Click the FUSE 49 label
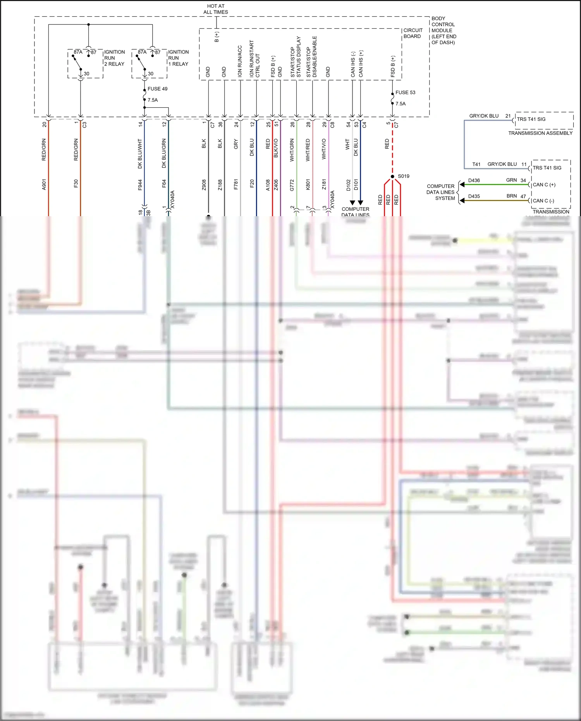click(x=157, y=89)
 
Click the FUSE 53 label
click(x=405, y=93)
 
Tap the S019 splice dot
click(x=392, y=176)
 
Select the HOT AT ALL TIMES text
click(x=216, y=9)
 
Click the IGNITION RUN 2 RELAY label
click(x=114, y=58)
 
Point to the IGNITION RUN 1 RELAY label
click(x=178, y=58)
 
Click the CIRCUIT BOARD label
click(x=413, y=33)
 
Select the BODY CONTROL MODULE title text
click(x=443, y=30)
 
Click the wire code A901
click(x=44, y=184)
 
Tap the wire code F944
click(x=140, y=184)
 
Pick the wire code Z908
click(x=204, y=184)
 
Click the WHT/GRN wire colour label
click(x=292, y=150)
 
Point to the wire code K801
click(x=308, y=184)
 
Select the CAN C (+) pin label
click(x=544, y=185)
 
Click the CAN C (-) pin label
click(x=543, y=201)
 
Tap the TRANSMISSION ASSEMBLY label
click(x=540, y=133)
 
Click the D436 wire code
click(x=474, y=181)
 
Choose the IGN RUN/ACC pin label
click(x=240, y=61)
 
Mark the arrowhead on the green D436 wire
click(x=462, y=184)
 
